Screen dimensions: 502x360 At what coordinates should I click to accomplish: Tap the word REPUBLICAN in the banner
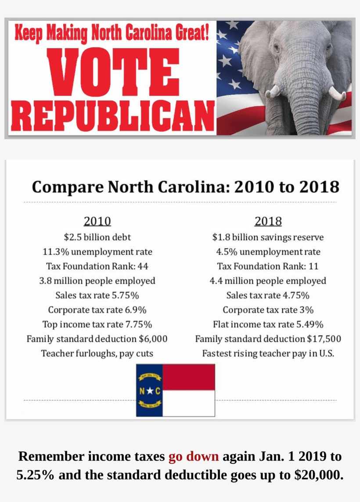112,115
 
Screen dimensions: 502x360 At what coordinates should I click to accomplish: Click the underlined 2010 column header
97,221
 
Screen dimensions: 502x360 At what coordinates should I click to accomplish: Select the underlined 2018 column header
268,221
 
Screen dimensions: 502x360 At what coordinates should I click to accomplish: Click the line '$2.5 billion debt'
97,237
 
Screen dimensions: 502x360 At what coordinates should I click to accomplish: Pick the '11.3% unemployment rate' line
97,252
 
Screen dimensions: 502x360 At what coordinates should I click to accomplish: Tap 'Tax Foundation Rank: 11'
268,266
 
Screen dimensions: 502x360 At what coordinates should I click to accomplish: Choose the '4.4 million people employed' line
268,281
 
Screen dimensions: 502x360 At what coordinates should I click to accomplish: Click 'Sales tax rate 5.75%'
97,295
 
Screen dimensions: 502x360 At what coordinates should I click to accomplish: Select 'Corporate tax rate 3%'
268,310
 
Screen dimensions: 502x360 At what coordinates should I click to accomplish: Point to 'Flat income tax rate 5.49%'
268,325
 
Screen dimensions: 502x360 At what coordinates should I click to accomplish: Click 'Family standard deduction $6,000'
97,339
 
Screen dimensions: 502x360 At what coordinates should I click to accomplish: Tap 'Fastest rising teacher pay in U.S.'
268,354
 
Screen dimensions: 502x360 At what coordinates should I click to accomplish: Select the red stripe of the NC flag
189,377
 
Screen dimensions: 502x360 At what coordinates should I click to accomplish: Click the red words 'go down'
193,456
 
